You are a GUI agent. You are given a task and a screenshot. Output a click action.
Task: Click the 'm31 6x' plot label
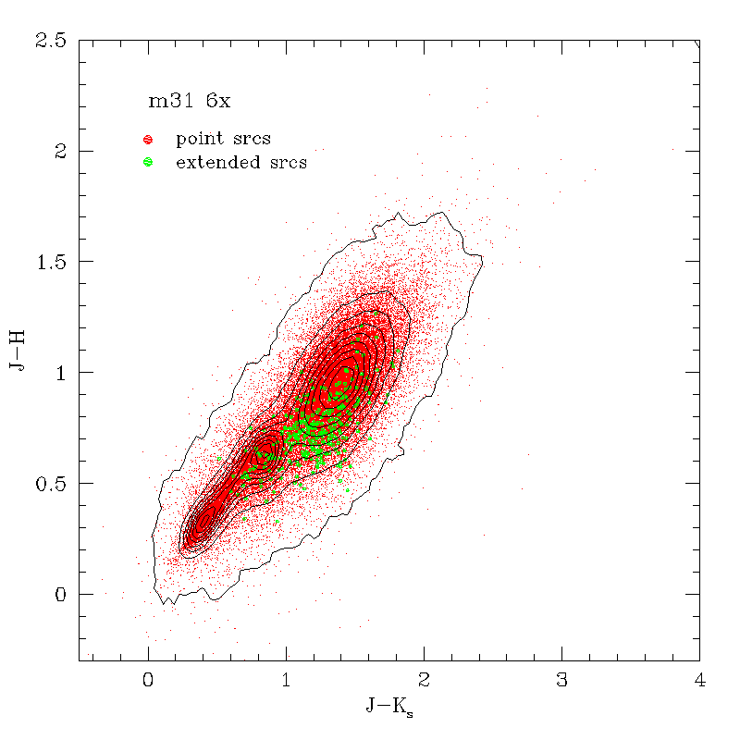pos(191,102)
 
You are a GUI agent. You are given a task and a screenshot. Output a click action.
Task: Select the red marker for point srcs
pos(148,140)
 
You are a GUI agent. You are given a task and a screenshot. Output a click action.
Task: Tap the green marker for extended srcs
pos(148,163)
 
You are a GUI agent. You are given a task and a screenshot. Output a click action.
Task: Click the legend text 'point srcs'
pos(223,140)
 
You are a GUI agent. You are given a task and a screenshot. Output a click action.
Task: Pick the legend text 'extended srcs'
pos(240,163)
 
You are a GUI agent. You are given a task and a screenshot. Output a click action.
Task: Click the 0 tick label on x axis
pos(148,682)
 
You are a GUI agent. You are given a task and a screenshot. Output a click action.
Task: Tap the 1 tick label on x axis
pos(286,682)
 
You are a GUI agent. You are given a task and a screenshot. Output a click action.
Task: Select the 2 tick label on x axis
pos(424,682)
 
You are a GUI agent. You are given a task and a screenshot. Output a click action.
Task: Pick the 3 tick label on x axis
pos(561,682)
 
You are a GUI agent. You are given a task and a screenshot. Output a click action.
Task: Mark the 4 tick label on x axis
pos(699,682)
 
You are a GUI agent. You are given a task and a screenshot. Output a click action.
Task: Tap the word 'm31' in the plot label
pos(172,102)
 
